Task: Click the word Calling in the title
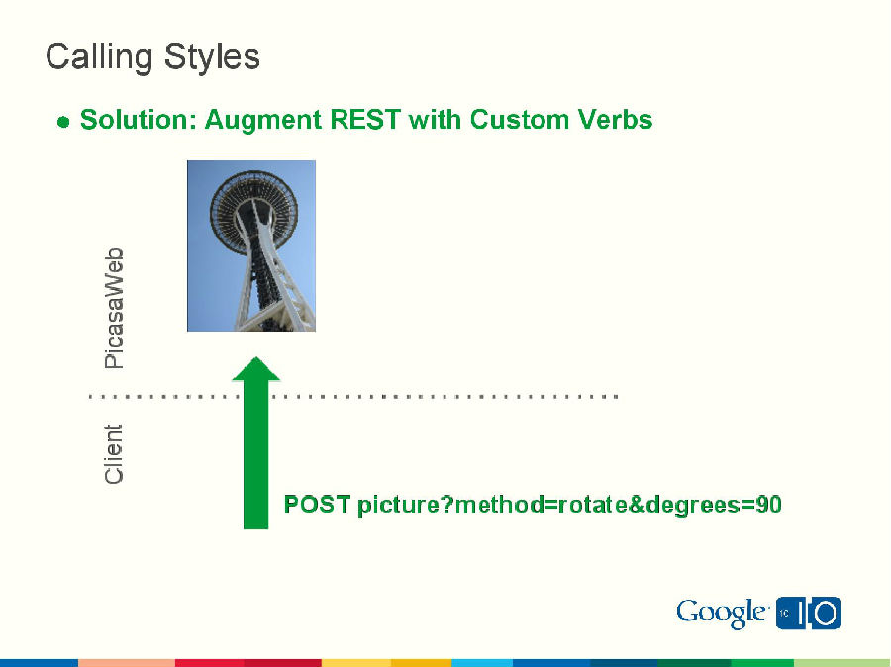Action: (95, 57)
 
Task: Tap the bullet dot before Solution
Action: (63, 122)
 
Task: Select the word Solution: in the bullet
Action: (138, 120)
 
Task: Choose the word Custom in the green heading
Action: (517, 120)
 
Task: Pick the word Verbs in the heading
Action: (612, 120)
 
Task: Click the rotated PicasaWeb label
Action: (115, 308)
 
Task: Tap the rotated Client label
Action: (115, 454)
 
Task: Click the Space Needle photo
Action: (251, 245)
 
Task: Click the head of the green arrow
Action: (255, 370)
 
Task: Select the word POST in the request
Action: (317, 505)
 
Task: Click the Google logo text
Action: (721, 614)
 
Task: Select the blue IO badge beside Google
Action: (809, 614)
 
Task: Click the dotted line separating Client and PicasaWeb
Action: (445, 396)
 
